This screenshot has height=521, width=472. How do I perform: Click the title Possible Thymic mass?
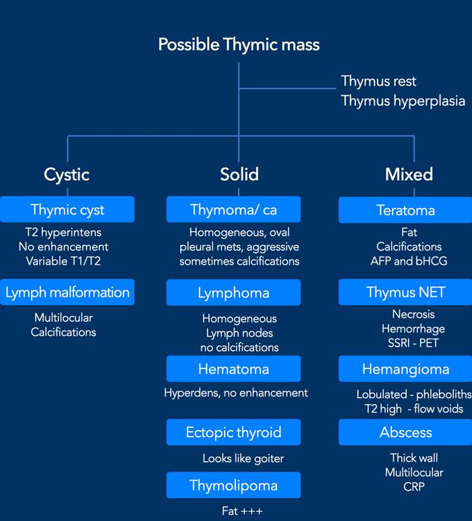click(x=239, y=45)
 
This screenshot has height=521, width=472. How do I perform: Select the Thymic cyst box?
click(x=67, y=210)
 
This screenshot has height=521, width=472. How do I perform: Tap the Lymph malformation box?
click(x=67, y=292)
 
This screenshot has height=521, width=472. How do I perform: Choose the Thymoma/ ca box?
click(x=234, y=210)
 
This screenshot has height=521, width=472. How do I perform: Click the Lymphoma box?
click(x=234, y=293)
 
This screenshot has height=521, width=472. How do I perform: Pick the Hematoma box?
click(x=234, y=369)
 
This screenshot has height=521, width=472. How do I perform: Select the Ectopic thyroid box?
click(x=234, y=432)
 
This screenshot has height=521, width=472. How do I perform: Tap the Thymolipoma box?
click(x=234, y=485)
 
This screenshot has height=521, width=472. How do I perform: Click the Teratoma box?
click(x=405, y=210)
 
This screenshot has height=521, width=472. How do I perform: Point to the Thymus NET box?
click(x=405, y=293)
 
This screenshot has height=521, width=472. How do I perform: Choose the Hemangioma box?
click(x=405, y=369)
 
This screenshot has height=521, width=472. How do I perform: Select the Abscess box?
click(x=405, y=432)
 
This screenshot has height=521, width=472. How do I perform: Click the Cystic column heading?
click(x=67, y=174)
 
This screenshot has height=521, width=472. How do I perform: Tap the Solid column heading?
click(x=239, y=174)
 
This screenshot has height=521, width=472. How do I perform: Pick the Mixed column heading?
click(x=409, y=174)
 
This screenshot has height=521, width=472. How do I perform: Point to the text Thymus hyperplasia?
click(x=403, y=101)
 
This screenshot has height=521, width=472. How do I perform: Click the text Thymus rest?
click(x=378, y=82)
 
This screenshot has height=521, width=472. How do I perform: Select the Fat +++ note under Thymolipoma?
click(x=240, y=510)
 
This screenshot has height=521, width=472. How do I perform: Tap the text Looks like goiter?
click(x=243, y=459)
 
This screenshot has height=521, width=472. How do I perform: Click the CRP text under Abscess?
click(x=413, y=487)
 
